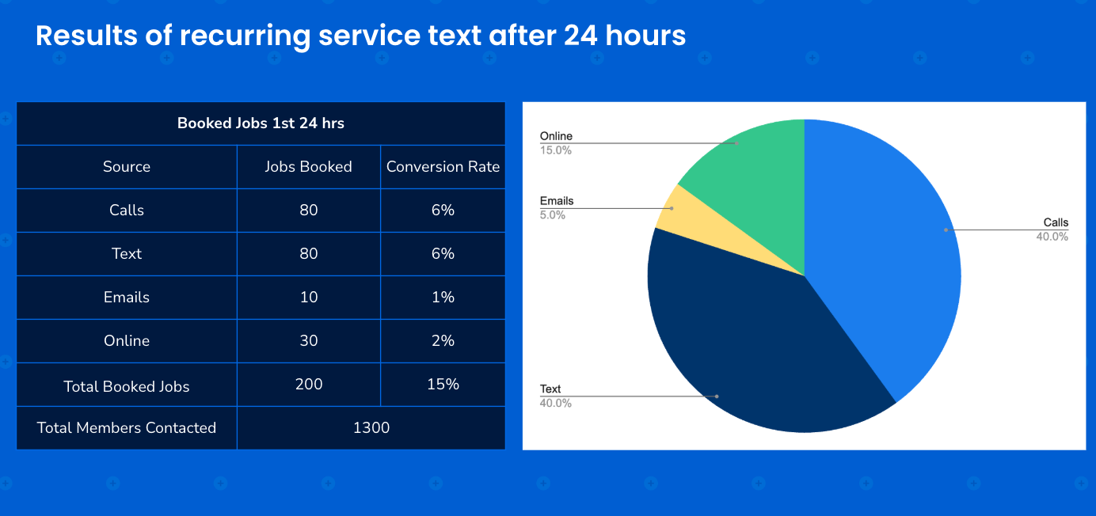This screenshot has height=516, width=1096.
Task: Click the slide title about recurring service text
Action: coord(360,36)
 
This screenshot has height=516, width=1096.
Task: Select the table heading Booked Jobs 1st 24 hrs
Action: coord(261,123)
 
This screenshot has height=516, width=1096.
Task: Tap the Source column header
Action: coord(127,166)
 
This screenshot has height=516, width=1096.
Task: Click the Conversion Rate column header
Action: coord(443,166)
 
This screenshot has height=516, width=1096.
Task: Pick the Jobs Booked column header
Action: coord(308,166)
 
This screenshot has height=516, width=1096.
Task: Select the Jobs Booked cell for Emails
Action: coord(308,297)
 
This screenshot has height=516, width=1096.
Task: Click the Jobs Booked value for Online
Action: coord(308,340)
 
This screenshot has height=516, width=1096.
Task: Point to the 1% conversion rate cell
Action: coord(443,297)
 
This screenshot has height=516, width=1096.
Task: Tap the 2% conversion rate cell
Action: coord(443,340)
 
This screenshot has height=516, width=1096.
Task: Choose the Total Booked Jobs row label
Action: coord(127,386)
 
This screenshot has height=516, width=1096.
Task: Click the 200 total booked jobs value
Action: coord(308,384)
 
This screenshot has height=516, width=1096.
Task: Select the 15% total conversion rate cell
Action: coord(443,384)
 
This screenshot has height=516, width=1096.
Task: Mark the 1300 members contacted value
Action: coord(371,427)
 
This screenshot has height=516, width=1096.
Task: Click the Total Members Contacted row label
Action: coord(127,427)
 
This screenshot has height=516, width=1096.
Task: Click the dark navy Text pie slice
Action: coord(744,348)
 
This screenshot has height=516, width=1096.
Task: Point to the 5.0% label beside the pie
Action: coord(553,214)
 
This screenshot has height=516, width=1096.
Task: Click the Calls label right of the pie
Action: coord(1055,222)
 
